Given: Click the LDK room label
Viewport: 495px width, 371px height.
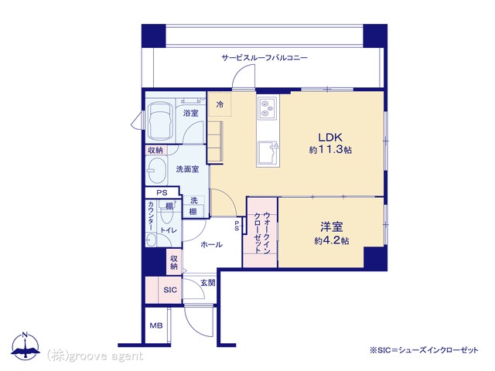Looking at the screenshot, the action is click(330, 138).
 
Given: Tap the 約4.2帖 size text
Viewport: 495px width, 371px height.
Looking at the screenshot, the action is click(332, 240).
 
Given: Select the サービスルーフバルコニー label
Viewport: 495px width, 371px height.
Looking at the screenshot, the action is click(265, 58).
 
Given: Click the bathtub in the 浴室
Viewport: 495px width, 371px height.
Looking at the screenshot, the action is click(161, 121).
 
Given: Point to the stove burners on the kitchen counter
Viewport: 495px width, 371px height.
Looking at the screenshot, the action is click(268, 108).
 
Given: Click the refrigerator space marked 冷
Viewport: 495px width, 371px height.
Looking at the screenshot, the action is click(220, 104).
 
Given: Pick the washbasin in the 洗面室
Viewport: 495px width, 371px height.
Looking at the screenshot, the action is click(156, 171).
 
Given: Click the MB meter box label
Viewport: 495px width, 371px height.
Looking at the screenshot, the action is click(156, 325).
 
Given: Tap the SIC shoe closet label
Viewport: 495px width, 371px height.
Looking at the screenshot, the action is click(170, 290).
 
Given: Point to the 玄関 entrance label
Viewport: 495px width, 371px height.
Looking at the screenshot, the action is click(208, 283).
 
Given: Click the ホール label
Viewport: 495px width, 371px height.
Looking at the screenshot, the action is click(211, 244).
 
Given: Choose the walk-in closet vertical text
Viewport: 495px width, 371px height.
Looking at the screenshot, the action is click(262, 233).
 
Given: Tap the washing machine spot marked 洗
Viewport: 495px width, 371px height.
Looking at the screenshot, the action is click(194, 200).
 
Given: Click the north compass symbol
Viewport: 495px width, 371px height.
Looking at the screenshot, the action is click(26, 346).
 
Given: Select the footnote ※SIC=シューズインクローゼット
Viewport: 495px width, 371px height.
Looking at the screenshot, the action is click(424, 350).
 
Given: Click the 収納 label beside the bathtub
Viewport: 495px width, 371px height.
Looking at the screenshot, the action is click(155, 150).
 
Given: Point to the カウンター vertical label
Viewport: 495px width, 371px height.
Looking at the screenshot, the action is click(151, 216).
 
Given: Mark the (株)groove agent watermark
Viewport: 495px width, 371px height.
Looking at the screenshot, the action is click(94, 356).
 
